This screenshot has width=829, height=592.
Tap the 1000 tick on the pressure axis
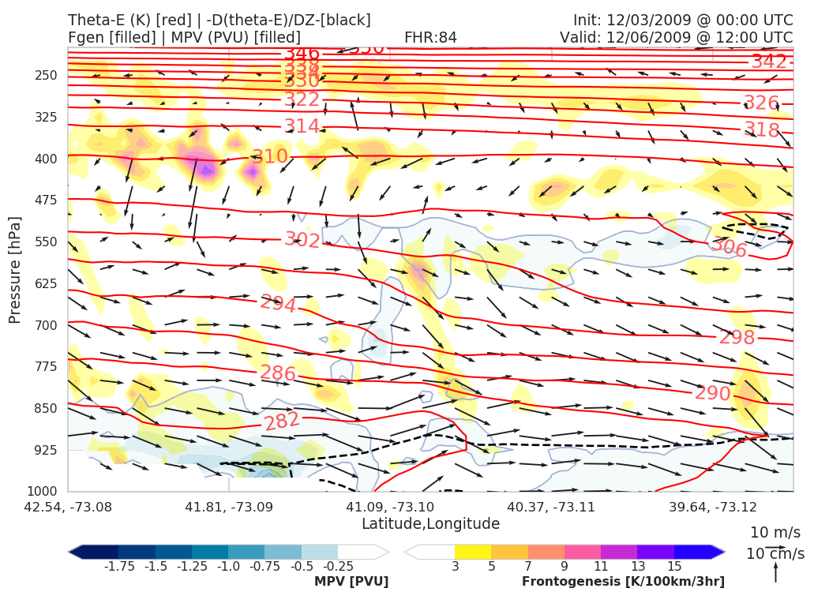[46, 492]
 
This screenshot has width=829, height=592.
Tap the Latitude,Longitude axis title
[430, 524]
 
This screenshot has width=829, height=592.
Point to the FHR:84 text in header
[430, 37]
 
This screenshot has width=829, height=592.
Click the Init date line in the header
[683, 20]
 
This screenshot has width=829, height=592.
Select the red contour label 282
[282, 421]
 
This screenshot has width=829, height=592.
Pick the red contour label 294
[278, 303]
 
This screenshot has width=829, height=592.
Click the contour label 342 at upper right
[769, 62]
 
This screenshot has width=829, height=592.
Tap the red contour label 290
[712, 392]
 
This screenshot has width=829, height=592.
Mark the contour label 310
[270, 156]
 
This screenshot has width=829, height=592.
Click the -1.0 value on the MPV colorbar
[228, 567]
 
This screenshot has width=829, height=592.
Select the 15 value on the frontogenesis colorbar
[674, 567]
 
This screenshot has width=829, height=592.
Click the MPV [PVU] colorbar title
[351, 582]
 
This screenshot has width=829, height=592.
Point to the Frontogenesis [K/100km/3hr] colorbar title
[623, 582]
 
